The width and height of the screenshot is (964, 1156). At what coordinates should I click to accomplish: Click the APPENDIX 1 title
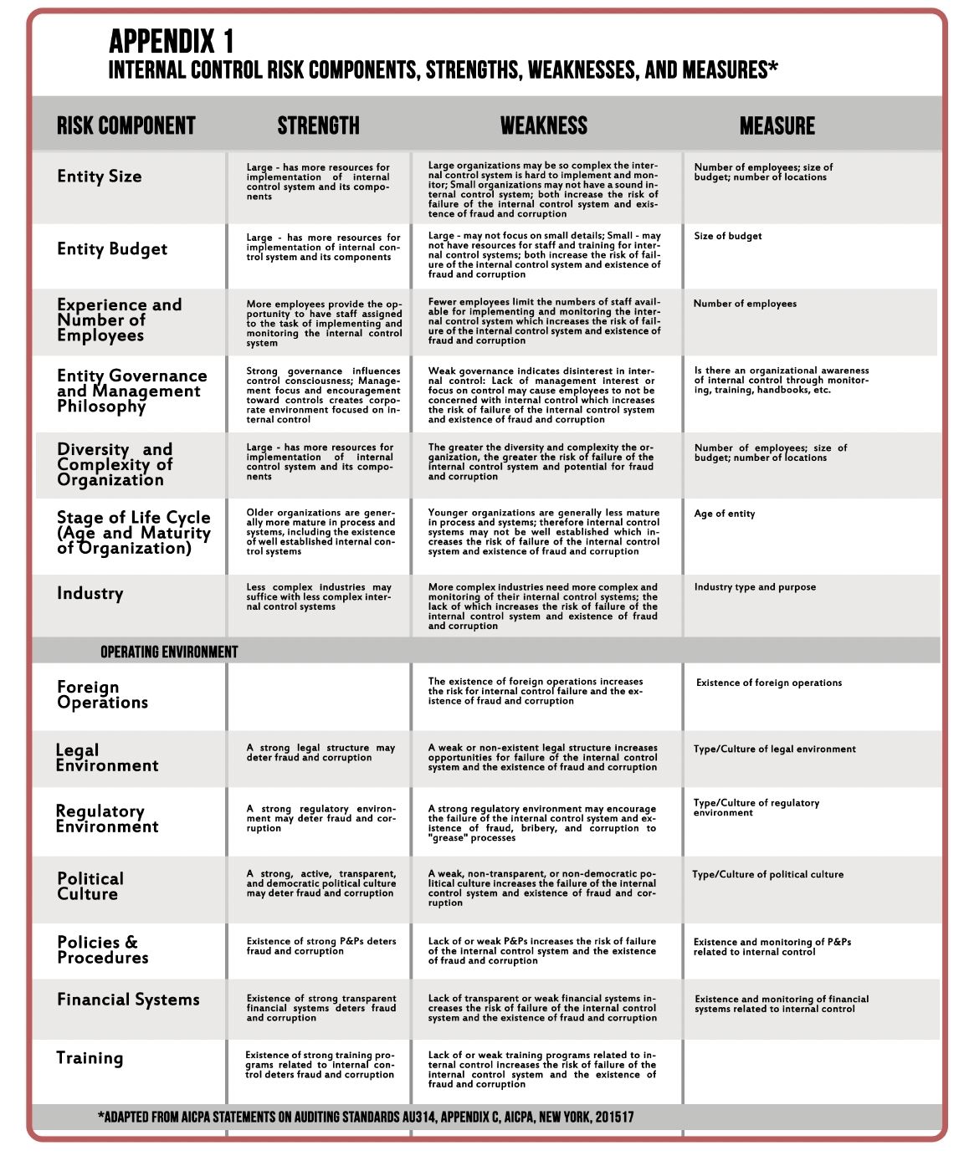pyautogui.click(x=172, y=41)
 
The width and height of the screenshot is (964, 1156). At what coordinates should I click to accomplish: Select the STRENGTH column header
pyautogui.click(x=318, y=126)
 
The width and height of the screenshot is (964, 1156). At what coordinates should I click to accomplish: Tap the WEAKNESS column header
pyautogui.click(x=544, y=126)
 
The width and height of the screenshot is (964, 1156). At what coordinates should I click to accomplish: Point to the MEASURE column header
pyautogui.click(x=777, y=126)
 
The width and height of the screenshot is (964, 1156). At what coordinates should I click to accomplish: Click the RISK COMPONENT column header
pyautogui.click(x=126, y=126)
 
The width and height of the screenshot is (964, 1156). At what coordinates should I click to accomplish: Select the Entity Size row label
pyautogui.click(x=100, y=176)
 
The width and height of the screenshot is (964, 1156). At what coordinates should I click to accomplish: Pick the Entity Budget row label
pyautogui.click(x=112, y=249)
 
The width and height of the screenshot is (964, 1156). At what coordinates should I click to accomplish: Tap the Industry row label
pyautogui.click(x=90, y=594)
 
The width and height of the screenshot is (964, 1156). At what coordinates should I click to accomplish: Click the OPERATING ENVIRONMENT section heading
pyautogui.click(x=169, y=652)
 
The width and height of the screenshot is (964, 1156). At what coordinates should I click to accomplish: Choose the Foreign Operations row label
pyautogui.click(x=102, y=695)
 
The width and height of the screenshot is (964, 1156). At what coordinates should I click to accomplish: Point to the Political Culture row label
pyautogui.click(x=90, y=887)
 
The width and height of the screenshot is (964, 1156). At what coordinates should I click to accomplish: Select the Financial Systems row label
pyautogui.click(x=128, y=1000)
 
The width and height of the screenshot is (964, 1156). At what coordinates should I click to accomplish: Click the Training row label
pyautogui.click(x=90, y=1058)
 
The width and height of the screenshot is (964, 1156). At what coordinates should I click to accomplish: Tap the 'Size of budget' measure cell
pyautogui.click(x=727, y=236)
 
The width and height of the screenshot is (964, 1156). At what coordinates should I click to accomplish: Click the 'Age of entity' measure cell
pyautogui.click(x=724, y=514)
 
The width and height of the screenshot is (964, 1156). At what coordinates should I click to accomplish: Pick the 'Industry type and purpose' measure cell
pyautogui.click(x=754, y=587)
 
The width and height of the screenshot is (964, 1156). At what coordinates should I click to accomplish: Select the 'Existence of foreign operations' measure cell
pyautogui.click(x=768, y=683)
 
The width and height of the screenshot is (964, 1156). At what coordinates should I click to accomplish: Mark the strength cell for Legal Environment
pyautogui.click(x=320, y=753)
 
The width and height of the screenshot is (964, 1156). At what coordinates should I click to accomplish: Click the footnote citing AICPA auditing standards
pyautogui.click(x=366, y=1117)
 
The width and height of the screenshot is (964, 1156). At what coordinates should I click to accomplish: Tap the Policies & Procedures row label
pyautogui.click(x=102, y=950)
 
